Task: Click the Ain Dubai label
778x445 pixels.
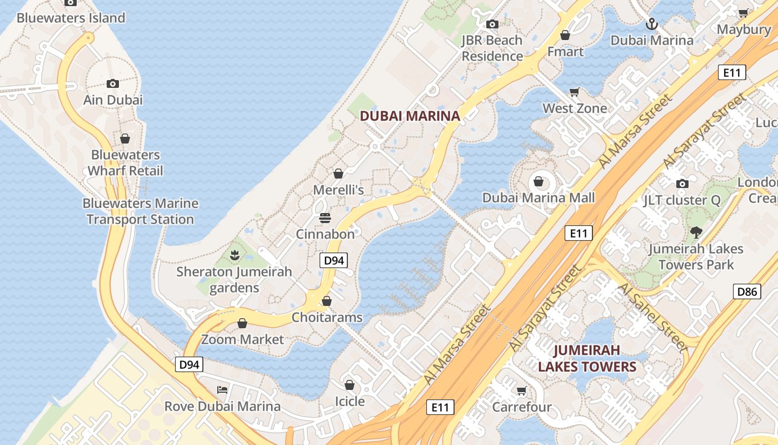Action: (x=113, y=100)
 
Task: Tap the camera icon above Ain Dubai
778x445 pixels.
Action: (x=113, y=83)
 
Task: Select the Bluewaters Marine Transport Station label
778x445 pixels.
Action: (x=140, y=211)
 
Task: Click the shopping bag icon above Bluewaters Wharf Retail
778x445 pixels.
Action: (x=125, y=138)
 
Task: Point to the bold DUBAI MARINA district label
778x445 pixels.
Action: (x=410, y=116)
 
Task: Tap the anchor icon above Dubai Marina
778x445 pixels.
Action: (x=651, y=24)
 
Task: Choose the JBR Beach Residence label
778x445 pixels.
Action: (x=492, y=48)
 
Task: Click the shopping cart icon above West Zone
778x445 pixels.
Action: (x=575, y=92)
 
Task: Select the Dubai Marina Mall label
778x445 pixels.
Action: (x=538, y=197)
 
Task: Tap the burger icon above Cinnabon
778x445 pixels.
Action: (x=325, y=217)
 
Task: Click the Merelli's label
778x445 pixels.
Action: (x=338, y=190)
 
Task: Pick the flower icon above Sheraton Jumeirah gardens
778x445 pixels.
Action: (x=234, y=255)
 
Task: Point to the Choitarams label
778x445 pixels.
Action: (x=327, y=318)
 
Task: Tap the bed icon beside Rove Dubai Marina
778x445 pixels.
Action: (x=222, y=389)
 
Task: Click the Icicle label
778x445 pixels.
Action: (x=350, y=401)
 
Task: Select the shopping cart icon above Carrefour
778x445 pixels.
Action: (x=521, y=390)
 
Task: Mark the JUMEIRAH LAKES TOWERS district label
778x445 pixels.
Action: (x=587, y=358)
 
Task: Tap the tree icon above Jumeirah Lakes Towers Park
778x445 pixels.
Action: (x=696, y=232)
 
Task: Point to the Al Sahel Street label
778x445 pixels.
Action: (x=652, y=317)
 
